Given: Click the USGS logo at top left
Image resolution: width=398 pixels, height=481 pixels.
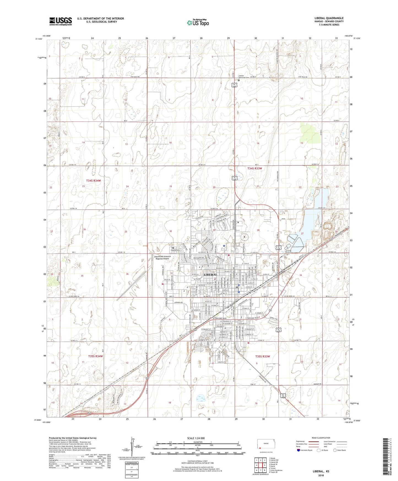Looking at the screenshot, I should coord(61,21).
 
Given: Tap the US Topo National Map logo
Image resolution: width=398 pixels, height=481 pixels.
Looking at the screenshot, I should coord(197,22).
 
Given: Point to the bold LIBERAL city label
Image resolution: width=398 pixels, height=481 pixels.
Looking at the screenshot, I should coord(210,275).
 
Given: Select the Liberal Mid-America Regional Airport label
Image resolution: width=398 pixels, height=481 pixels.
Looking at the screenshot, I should coord(163,257).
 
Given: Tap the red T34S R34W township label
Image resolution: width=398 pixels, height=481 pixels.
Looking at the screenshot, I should coord(93,181).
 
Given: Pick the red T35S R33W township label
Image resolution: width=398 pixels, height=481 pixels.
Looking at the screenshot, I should coord(262,356).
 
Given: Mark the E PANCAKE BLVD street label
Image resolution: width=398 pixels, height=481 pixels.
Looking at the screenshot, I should coord(252,318).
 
